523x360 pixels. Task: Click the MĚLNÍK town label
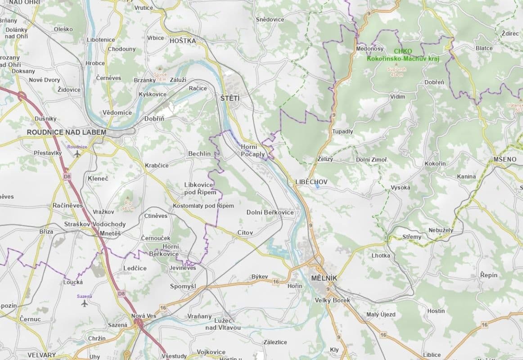[324, 278]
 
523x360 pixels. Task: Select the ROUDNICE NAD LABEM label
[67, 132]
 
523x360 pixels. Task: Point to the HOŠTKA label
[183, 41]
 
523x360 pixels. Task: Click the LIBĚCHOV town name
[311, 182]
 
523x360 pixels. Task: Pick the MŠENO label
[505, 159]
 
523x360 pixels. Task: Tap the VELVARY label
[41, 355]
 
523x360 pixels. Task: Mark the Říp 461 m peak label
[128, 206]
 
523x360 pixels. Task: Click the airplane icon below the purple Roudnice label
[77, 154]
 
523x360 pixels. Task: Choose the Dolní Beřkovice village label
[270, 212]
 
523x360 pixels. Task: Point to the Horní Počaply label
[252, 151]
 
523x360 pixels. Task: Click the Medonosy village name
[370, 48]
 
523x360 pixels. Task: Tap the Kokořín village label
[435, 163]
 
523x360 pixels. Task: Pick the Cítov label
[245, 233]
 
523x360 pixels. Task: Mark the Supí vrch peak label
[397, 72]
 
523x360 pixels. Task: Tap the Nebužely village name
[441, 230]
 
